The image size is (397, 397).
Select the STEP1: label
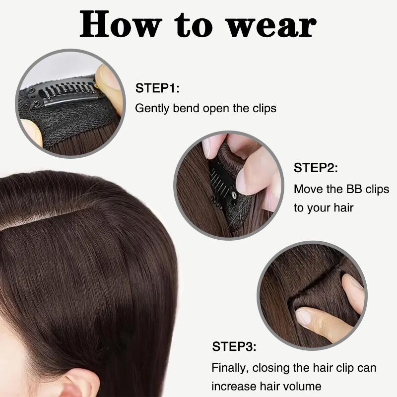(157, 89)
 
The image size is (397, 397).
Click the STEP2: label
(316, 168)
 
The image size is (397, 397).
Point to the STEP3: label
(234, 346)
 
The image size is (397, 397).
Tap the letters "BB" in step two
(353, 189)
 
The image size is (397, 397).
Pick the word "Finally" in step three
(230, 368)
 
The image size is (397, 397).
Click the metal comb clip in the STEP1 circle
(62, 93)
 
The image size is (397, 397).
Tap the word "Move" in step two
(308, 189)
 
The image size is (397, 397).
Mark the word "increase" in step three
(235, 386)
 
